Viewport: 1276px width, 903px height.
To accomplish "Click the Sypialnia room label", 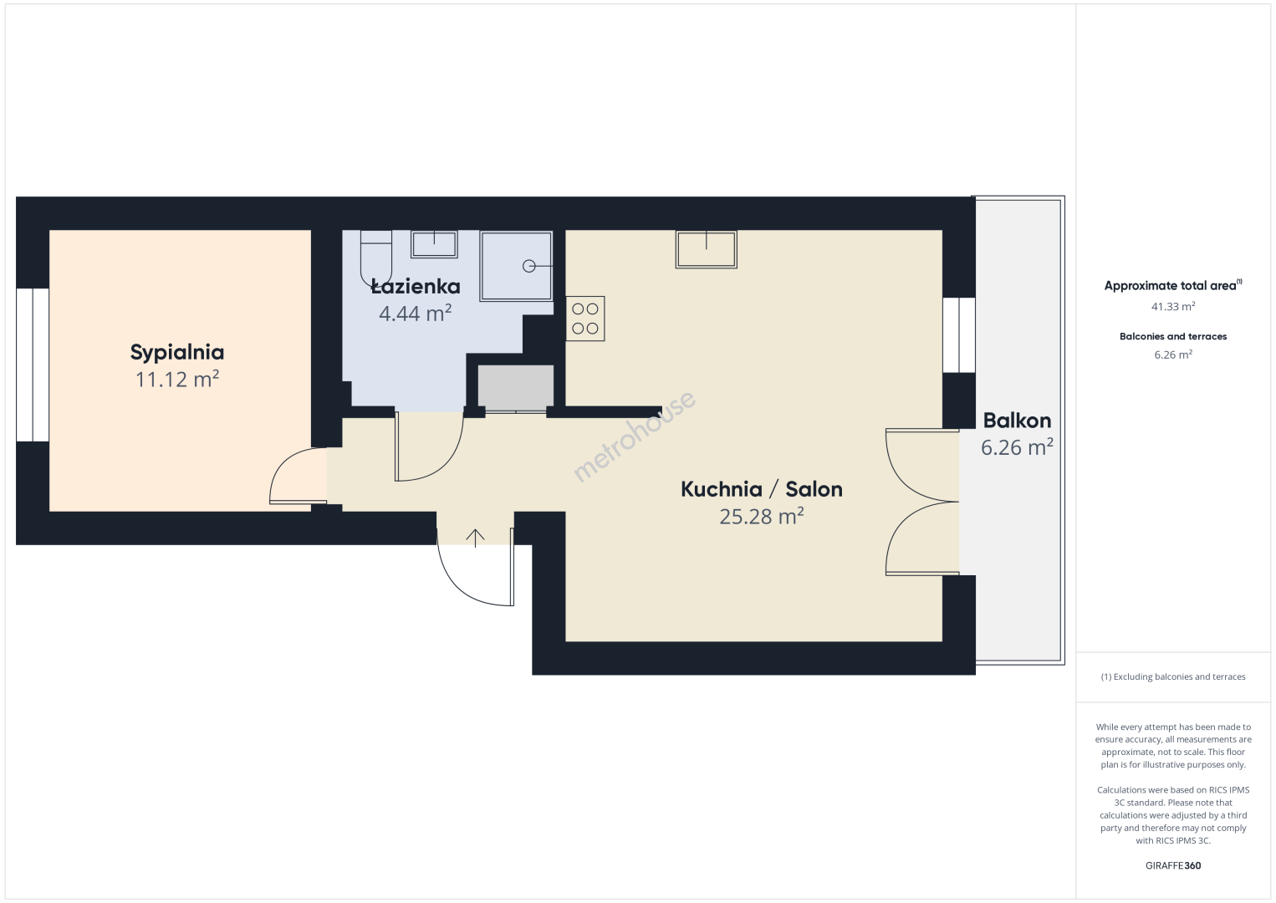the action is [x=177, y=353].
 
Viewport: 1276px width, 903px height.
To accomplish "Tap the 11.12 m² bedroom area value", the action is [x=177, y=380].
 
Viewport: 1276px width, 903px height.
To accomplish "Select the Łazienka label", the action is [x=416, y=286].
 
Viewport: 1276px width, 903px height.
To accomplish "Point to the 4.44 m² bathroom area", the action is [x=416, y=314].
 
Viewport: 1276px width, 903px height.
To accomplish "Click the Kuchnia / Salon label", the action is [x=762, y=489].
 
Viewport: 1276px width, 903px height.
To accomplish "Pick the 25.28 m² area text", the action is [x=762, y=517].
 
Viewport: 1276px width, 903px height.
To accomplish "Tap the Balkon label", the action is [x=1017, y=421].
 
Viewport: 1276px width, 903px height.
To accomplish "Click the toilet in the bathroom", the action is [x=376, y=258].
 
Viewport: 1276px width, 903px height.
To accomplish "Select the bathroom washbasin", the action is [x=434, y=244].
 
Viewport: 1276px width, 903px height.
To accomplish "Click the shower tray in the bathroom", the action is [x=516, y=266].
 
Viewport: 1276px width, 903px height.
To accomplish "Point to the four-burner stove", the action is [x=585, y=319].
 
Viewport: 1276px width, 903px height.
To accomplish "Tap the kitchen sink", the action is [x=707, y=249].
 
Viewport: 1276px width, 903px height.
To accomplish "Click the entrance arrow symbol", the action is [x=475, y=538].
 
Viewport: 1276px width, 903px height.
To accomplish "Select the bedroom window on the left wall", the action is [x=33, y=365].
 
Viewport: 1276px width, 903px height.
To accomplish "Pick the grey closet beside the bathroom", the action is [x=516, y=387].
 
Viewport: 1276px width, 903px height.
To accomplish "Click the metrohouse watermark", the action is [x=634, y=436].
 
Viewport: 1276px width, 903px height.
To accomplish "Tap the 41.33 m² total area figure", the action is [x=1173, y=307].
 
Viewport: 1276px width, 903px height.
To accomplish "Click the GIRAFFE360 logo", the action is [x=1173, y=865].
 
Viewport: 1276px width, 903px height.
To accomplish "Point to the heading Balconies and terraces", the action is [x=1173, y=336].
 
